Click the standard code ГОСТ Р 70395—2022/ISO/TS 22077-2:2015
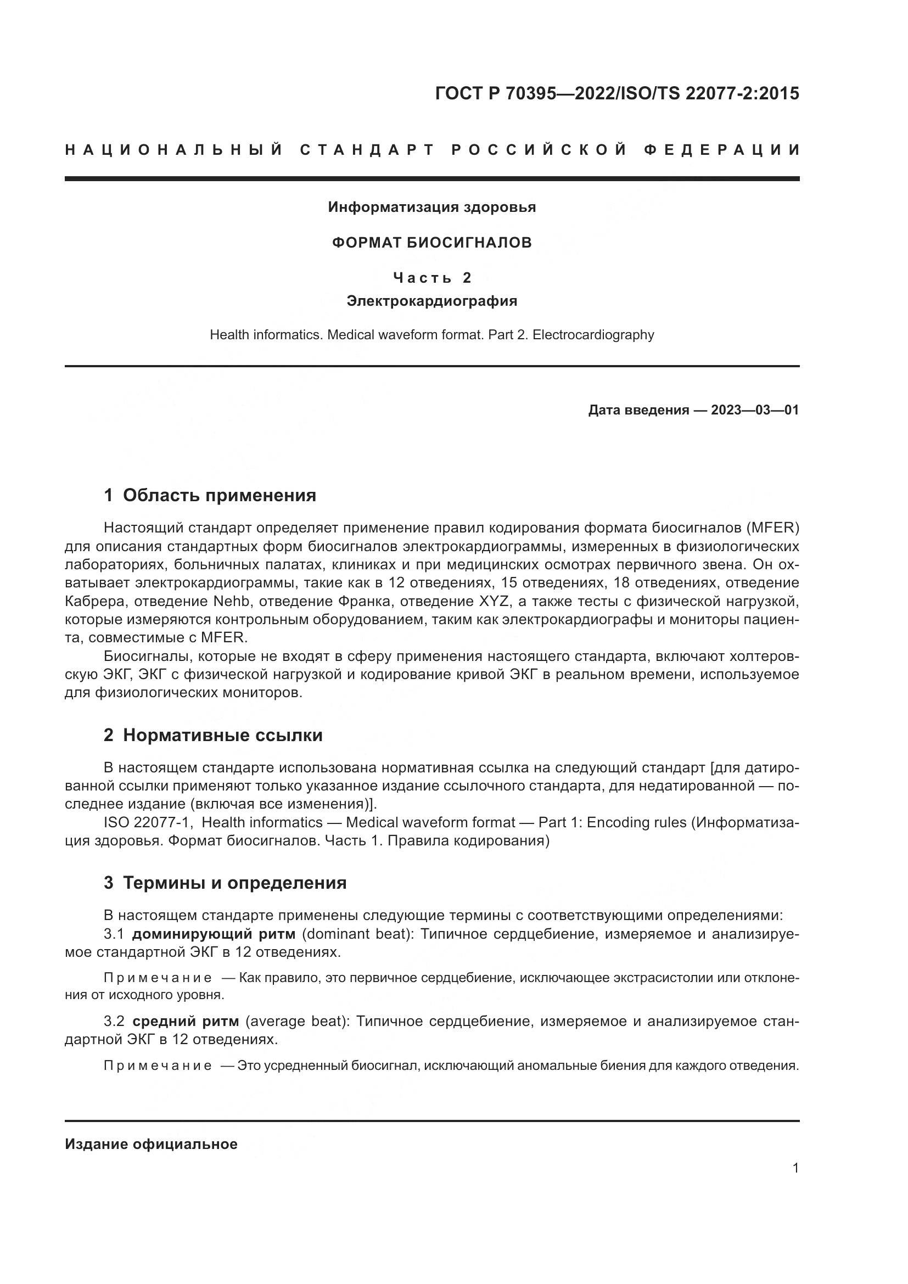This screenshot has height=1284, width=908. (x=616, y=93)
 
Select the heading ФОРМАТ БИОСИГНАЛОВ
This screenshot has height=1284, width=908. (x=431, y=243)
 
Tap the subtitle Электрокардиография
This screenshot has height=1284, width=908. (x=431, y=301)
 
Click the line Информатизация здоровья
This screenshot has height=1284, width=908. (x=431, y=208)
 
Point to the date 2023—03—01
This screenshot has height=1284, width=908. (x=755, y=410)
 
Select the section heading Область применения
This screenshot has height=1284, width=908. (x=219, y=495)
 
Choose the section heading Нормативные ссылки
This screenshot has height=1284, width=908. (x=222, y=735)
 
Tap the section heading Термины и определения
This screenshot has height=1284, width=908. (x=234, y=883)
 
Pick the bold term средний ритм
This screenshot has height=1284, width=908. (x=186, y=1021)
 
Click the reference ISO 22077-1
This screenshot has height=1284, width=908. (x=148, y=823)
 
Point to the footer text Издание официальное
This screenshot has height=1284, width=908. (x=151, y=1144)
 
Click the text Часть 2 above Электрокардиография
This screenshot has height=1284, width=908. (x=431, y=277)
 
